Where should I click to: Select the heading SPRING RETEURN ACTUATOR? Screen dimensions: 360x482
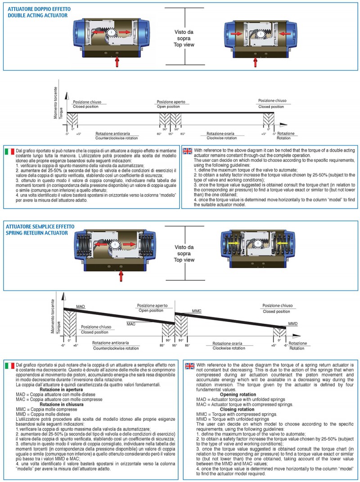37,233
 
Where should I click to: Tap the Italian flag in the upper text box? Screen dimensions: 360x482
9,151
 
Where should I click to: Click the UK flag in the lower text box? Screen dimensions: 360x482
190,366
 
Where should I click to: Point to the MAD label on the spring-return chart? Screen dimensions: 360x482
81,307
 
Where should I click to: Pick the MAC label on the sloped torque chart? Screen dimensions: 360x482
131,324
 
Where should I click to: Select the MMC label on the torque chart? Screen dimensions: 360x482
197,311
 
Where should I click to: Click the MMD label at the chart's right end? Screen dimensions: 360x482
293,324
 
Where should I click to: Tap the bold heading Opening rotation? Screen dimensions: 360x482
238,395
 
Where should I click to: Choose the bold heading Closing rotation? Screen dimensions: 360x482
237,409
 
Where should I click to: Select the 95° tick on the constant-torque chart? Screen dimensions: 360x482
170,134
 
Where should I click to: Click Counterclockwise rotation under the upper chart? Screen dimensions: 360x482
117,138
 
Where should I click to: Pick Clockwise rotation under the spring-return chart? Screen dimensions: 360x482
229,348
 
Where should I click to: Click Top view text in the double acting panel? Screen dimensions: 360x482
184,45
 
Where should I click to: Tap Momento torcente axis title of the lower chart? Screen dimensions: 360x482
53,316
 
